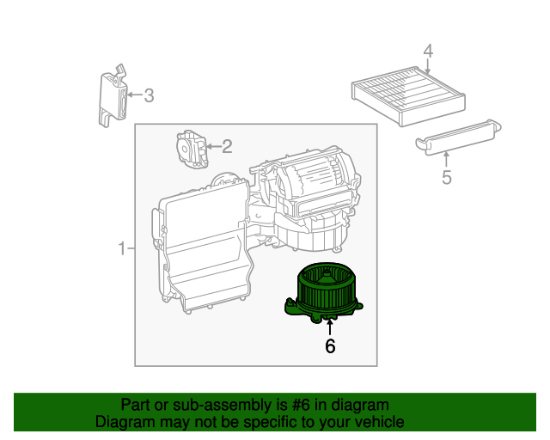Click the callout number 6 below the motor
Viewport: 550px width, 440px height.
tap(329, 346)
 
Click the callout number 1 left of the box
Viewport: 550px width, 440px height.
tap(122, 249)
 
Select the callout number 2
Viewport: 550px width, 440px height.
tap(227, 147)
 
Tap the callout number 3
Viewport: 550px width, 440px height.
tap(149, 95)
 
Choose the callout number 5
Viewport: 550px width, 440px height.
tap(446, 178)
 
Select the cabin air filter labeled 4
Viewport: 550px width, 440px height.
tap(408, 95)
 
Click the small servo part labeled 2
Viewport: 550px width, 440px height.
tap(190, 148)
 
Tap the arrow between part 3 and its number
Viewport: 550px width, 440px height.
tap(134, 95)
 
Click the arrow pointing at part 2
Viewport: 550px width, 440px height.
tap(213, 147)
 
